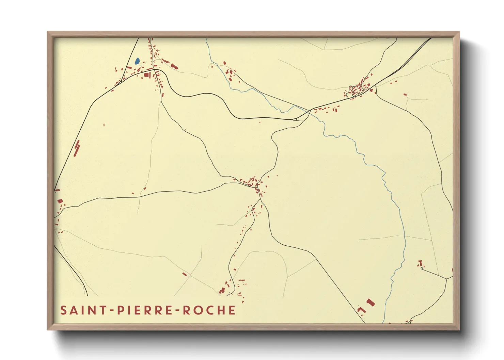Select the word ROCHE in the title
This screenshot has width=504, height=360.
click(209, 310)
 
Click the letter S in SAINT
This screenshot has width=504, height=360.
click(63, 310)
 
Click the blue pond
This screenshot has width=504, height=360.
click(137, 61)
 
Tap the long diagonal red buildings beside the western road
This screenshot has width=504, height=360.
click(77, 148)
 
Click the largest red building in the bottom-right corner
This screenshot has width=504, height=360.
click(371, 302)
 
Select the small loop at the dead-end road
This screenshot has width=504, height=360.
click(422, 268)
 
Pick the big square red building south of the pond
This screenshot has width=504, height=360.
click(147, 75)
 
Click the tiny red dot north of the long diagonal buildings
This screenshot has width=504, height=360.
click(104, 125)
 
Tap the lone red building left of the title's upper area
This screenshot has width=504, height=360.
click(185, 274)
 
